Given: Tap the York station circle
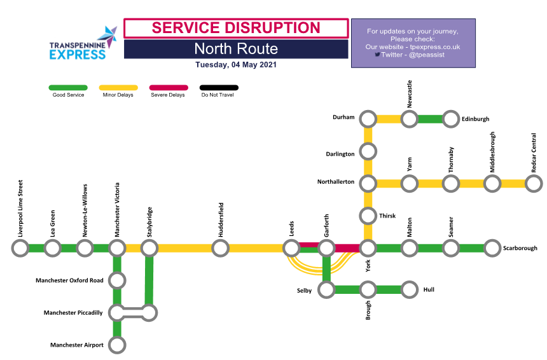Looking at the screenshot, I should click(368, 248).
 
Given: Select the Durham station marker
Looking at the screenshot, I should click(368, 119).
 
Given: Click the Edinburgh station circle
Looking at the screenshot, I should click(451, 119).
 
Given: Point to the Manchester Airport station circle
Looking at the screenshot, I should click(117, 345).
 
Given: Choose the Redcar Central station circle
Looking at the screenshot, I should click(534, 184).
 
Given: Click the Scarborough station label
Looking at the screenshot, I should click(520, 248).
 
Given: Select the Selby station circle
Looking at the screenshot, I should click(326, 290).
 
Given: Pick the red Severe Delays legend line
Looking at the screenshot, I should click(168, 88).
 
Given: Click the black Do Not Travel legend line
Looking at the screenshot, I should click(219, 88).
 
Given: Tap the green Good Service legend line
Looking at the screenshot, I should click(68, 88).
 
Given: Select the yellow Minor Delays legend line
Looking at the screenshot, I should click(118, 88).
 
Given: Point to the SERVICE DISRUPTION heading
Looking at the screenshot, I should click(236, 28).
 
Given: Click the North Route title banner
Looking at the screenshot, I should click(236, 49).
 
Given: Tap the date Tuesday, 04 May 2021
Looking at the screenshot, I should click(236, 65).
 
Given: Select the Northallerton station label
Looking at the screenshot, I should click(335, 182).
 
